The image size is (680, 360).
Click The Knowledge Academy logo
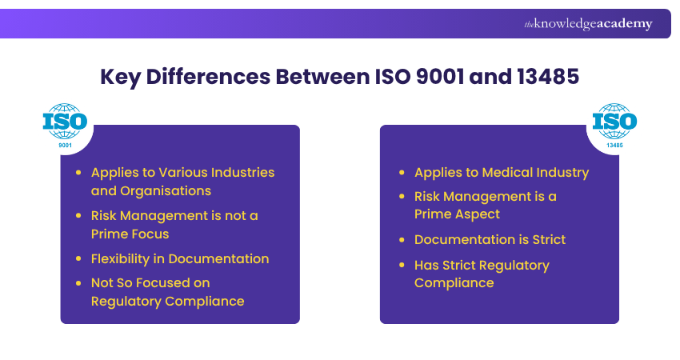(x=588, y=24)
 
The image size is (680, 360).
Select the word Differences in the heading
(x=202, y=78)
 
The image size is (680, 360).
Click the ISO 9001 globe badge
(x=65, y=125)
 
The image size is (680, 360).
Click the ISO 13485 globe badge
(x=614, y=125)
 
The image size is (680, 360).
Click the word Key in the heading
(x=118, y=78)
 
